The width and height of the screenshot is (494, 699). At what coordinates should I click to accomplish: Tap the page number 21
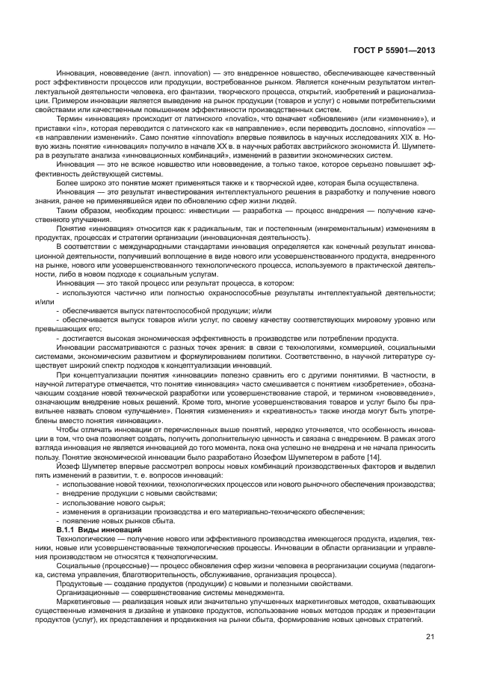coord(430,636)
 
